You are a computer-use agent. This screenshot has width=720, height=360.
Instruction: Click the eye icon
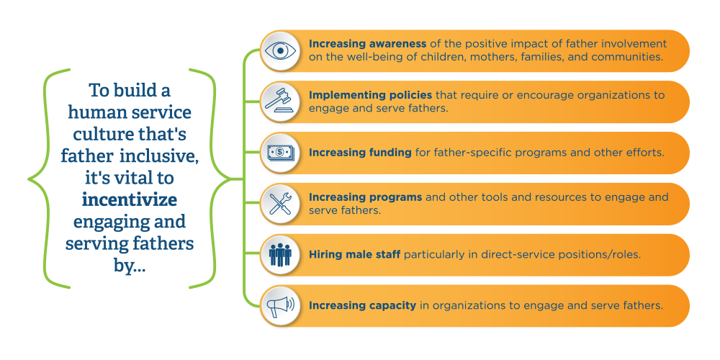click(279, 51)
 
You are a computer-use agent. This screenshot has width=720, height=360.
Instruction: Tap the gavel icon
click(279, 102)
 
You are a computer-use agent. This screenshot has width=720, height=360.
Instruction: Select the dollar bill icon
click(279, 153)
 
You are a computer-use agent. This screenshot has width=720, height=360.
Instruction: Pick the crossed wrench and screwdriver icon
click(279, 204)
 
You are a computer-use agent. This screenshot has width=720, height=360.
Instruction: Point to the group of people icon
click(279, 254)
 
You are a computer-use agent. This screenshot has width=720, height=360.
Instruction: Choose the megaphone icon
click(279, 306)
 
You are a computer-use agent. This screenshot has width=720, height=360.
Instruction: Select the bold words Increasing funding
click(350, 153)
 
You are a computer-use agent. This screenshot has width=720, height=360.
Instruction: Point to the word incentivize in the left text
click(130, 199)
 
